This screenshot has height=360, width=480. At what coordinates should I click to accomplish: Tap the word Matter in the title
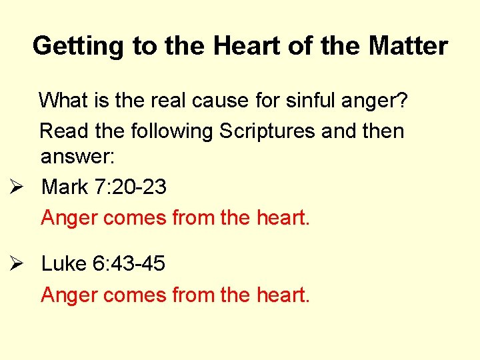(x=408, y=46)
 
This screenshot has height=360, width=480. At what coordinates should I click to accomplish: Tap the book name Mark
(x=65, y=187)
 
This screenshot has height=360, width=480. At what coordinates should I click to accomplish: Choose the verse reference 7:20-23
(x=131, y=187)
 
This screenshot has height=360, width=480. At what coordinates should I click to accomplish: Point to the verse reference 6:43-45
(x=129, y=264)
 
